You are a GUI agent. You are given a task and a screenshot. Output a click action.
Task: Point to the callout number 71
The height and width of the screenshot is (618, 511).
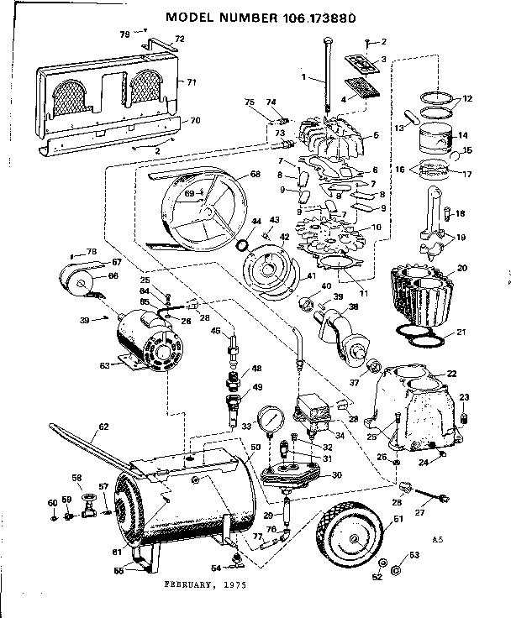(x=191, y=81)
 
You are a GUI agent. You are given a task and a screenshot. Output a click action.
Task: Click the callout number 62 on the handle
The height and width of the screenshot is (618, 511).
(x=103, y=427)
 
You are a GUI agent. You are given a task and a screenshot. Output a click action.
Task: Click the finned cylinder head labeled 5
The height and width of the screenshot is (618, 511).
(x=333, y=135)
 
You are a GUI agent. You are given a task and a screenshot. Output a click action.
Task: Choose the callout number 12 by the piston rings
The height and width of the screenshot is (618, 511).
(x=467, y=99)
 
